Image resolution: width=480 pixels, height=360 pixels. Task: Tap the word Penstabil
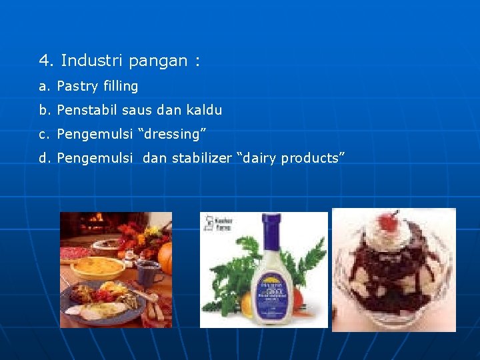click(89, 110)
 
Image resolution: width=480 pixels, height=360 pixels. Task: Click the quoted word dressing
click(172, 134)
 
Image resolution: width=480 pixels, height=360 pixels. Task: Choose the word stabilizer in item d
click(201, 158)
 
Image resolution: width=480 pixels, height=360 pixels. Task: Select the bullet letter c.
click(43, 134)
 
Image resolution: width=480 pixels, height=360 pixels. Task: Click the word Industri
click(91, 61)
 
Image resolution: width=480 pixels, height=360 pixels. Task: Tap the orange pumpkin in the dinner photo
click(165, 259)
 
